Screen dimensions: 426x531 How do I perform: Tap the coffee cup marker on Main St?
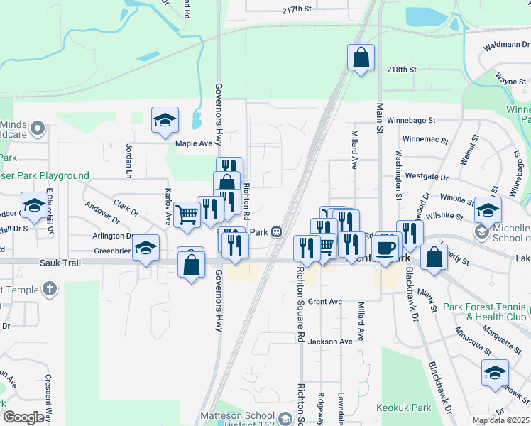tap(385, 248)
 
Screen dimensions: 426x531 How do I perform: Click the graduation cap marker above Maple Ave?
tap(165, 120)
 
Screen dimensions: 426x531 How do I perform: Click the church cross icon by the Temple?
tap(48, 289)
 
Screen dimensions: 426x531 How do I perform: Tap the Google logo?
tap(24, 417)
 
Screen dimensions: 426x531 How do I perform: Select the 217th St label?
tap(297, 9)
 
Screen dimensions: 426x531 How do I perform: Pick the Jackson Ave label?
tap(330, 342)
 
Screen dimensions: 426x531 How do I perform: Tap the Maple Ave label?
tap(194, 143)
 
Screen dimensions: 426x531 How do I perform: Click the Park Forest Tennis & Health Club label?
tap(487, 312)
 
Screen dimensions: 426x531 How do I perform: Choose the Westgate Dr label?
tap(426, 177)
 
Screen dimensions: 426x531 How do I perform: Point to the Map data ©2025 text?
tap(500, 420)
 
